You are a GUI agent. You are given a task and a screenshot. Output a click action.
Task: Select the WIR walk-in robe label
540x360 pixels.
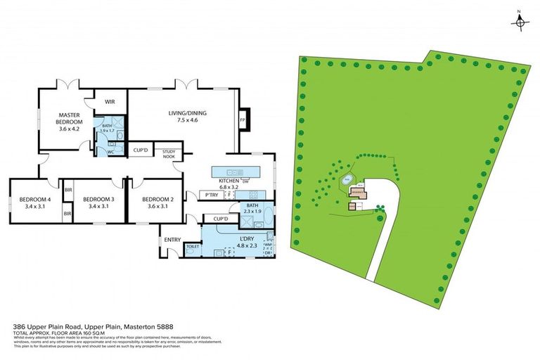pos(110,102)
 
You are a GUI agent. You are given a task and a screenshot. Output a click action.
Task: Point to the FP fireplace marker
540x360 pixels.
pos(243,120)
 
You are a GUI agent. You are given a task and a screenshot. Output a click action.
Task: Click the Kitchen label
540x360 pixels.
pos(229,182)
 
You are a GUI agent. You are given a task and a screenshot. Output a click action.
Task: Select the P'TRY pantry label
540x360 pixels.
pos(209,195)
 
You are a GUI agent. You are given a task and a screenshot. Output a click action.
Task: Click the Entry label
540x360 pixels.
pos(172,240)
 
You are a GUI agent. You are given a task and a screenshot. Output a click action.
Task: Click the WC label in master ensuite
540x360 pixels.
pos(110,151)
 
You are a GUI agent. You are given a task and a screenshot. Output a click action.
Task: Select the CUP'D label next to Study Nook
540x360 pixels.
pos(140,150)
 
